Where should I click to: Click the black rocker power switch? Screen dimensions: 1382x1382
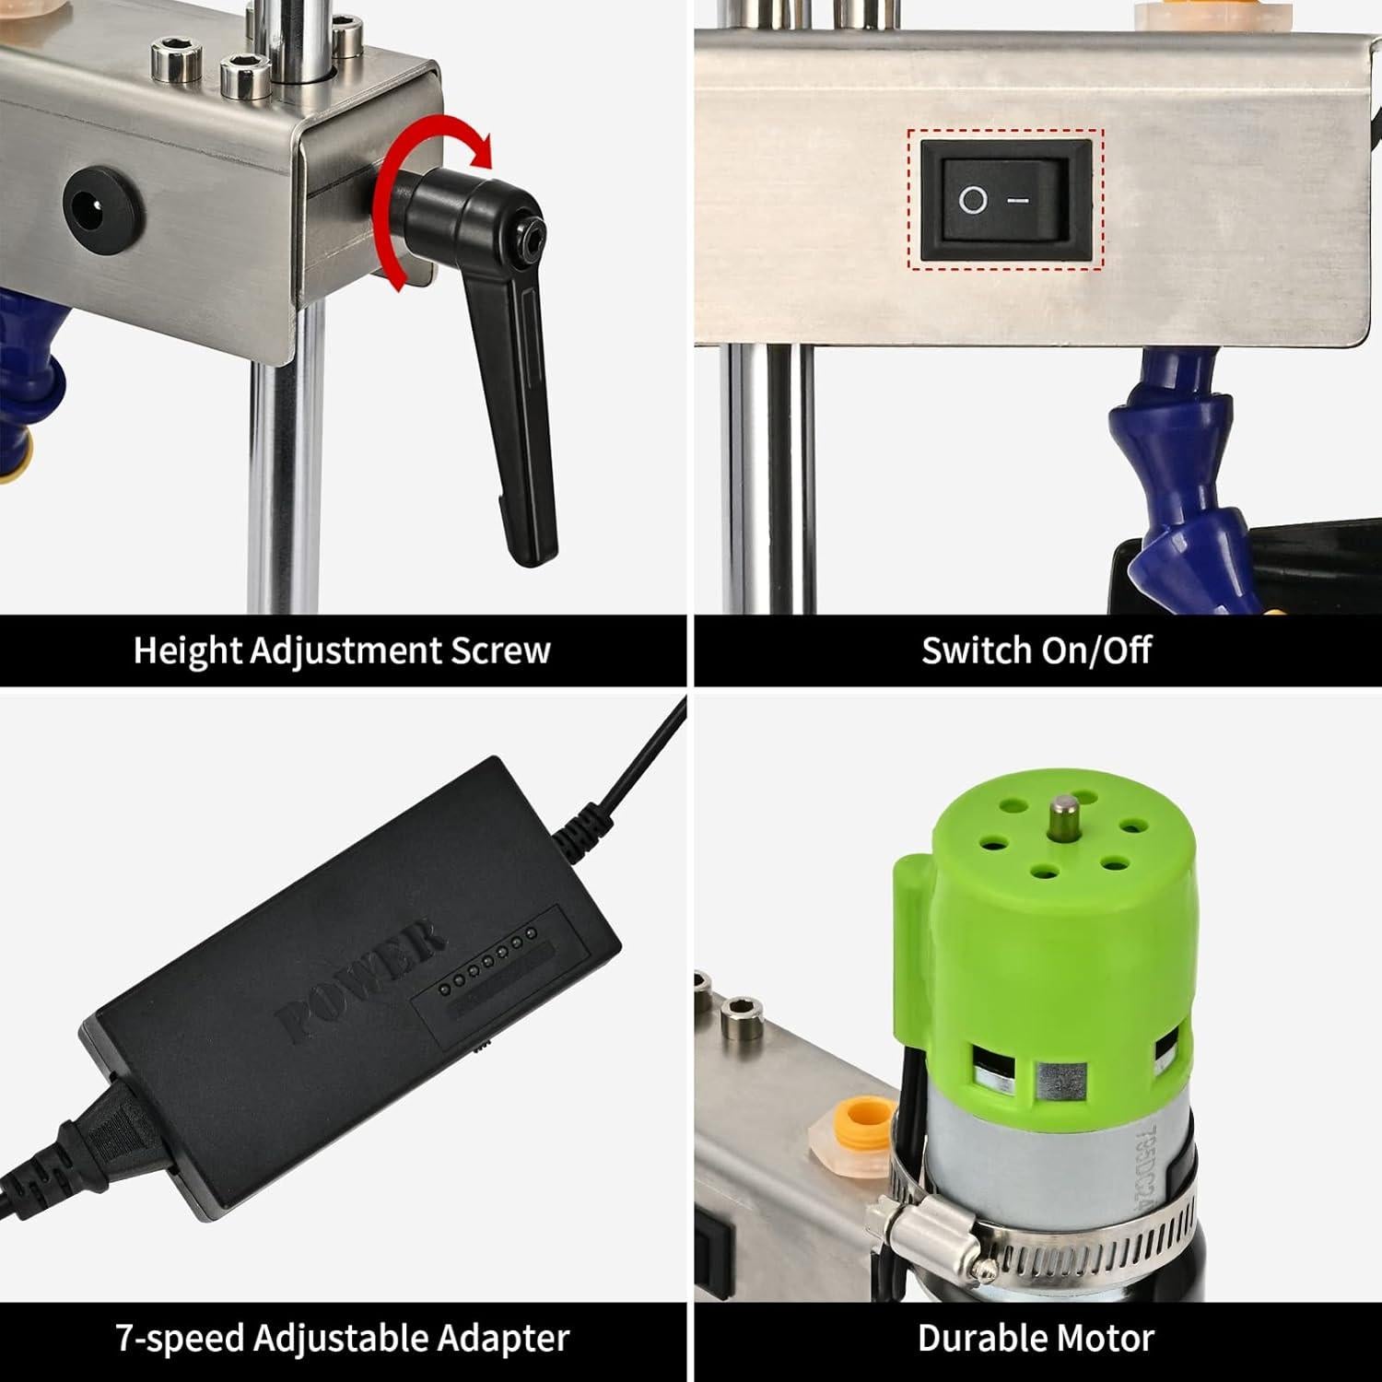tap(1005, 200)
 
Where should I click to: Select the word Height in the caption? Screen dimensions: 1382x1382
tap(187, 650)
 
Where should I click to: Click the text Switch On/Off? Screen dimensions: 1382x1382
tap(1036, 650)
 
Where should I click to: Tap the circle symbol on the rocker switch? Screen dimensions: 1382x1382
tap(972, 200)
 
